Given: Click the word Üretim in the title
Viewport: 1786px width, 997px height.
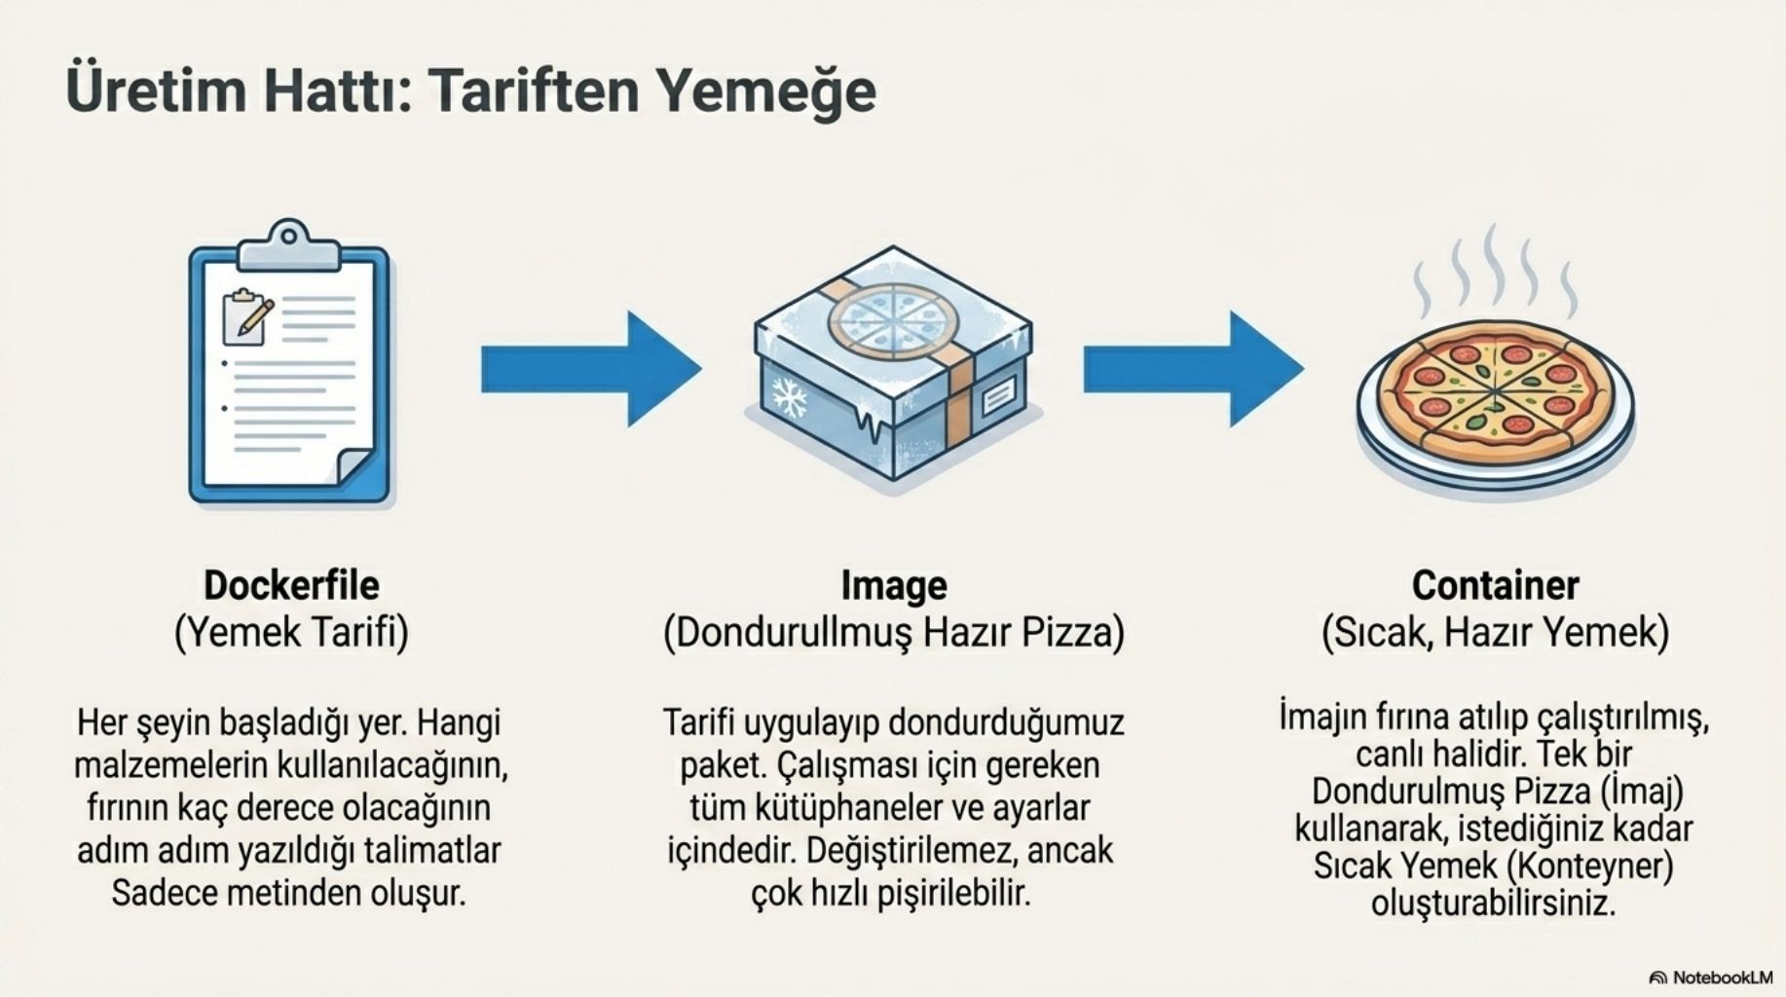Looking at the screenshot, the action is tap(157, 90).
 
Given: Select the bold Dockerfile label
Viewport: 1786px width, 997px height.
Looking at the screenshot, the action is tap(291, 585).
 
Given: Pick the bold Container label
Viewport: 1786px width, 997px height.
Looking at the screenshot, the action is tap(1495, 585).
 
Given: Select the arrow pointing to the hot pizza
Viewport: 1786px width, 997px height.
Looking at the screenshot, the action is tap(1194, 369).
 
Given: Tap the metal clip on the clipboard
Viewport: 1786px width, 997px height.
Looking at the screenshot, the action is tap(289, 245).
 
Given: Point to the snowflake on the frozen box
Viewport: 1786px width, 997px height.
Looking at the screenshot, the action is tap(790, 397).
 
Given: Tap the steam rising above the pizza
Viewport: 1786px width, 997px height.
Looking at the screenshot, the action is tap(1494, 268).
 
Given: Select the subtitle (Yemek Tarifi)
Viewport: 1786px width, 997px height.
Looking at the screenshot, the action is tap(291, 633).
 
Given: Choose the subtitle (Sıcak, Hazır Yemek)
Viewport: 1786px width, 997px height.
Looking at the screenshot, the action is tap(1495, 633).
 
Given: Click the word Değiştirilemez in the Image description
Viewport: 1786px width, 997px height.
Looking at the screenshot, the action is tap(911, 851).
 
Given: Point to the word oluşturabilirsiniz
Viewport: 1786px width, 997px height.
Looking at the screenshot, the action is tap(1493, 903).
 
